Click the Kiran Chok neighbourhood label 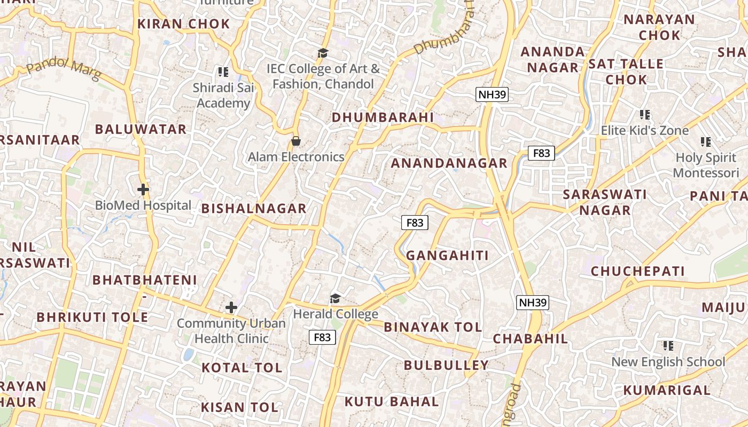(x=183, y=24)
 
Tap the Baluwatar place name (x=141, y=129)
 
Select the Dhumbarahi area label (x=383, y=117)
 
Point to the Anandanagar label (x=449, y=163)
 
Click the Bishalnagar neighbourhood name (x=254, y=209)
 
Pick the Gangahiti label (x=447, y=256)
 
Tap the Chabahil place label (x=530, y=339)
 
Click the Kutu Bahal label (x=391, y=401)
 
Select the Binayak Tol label (x=433, y=327)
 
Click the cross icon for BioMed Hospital (x=143, y=189)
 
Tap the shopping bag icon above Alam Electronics (x=295, y=141)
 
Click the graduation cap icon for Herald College (x=335, y=298)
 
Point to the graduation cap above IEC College (x=323, y=53)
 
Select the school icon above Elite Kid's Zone (x=644, y=115)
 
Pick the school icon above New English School (x=668, y=346)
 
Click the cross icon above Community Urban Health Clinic (x=231, y=307)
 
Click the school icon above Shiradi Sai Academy (x=223, y=72)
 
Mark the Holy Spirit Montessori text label (x=706, y=165)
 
